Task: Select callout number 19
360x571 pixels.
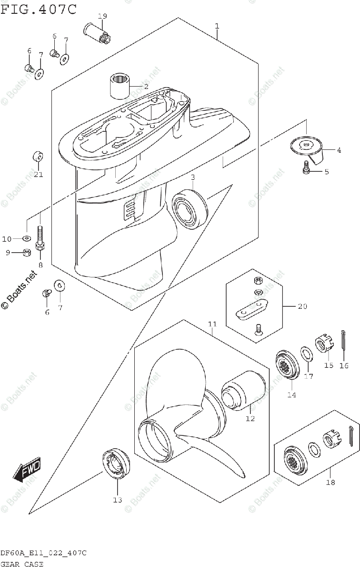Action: pos(102,16)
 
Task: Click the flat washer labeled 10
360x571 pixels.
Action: pos(27,238)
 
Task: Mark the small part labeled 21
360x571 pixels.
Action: pos(38,158)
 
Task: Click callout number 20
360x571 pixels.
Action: pos(302,306)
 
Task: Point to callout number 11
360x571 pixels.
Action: pos(212,324)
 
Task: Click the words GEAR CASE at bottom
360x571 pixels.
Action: pos(22,564)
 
